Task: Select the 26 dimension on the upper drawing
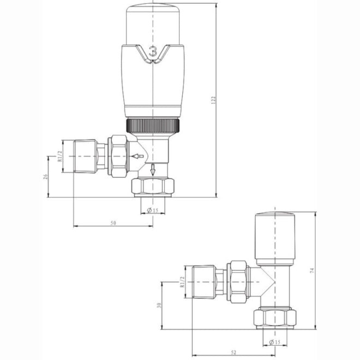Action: (x=46, y=176)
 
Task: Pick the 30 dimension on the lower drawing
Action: (x=159, y=306)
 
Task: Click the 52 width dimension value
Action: (x=233, y=353)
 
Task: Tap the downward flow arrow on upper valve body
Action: (x=153, y=169)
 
